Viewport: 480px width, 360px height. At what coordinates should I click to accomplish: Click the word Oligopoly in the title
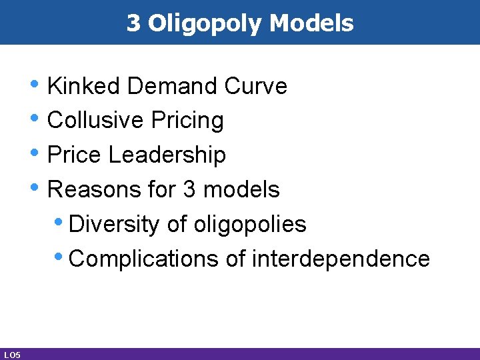pyautogui.click(x=206, y=24)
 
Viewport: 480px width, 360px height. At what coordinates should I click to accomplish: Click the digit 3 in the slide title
pyautogui.click(x=133, y=23)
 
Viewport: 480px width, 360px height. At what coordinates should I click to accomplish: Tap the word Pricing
pyautogui.click(x=187, y=121)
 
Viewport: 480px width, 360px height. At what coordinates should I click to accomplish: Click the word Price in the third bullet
pyautogui.click(x=75, y=155)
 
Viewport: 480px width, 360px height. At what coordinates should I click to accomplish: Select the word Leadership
pyautogui.click(x=167, y=155)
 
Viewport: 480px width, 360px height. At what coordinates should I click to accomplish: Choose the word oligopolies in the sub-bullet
pyautogui.click(x=250, y=225)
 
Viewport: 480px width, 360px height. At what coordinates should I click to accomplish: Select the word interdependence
pyautogui.click(x=341, y=259)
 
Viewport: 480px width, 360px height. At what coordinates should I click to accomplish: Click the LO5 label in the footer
pyautogui.click(x=11, y=355)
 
